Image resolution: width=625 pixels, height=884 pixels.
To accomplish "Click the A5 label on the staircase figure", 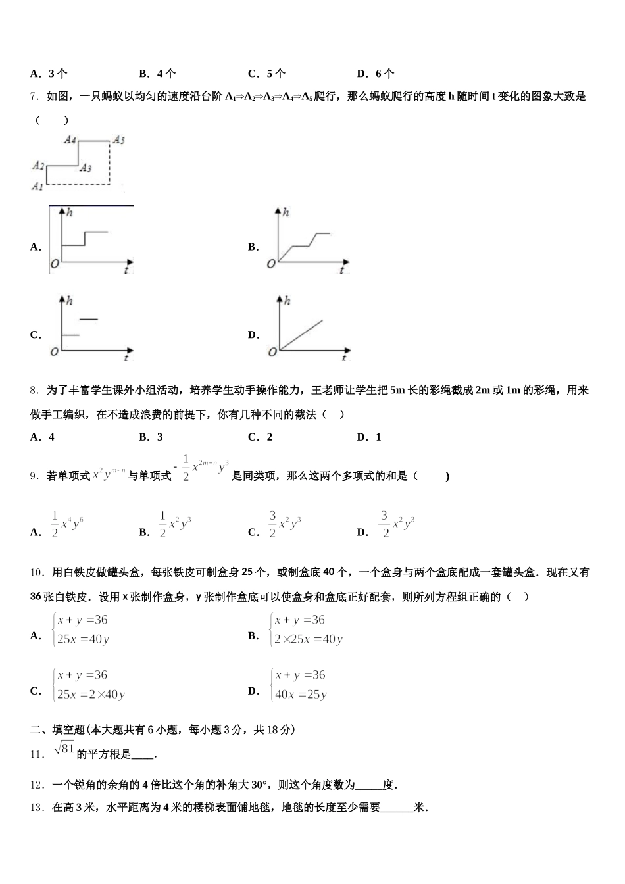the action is pos(118,139).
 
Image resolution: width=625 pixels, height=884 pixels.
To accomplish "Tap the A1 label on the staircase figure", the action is pos(37,187).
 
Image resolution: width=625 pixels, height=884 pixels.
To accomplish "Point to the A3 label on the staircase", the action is pos(85,168).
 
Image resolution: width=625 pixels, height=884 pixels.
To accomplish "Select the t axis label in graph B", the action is pos(341,270).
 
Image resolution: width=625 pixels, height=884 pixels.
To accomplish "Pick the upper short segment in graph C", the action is pos(89,320).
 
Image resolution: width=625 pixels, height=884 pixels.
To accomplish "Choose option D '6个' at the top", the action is pos(376,74).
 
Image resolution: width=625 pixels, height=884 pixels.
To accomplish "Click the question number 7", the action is pos(36,97).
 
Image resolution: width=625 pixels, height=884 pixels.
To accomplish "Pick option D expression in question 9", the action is pos(397,524).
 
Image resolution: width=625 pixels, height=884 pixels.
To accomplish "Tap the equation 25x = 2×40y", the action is pos(91,694).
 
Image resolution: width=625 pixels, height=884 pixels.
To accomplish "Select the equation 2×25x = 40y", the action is pos(309,639).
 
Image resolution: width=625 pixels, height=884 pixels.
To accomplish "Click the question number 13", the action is pos(37,808).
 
